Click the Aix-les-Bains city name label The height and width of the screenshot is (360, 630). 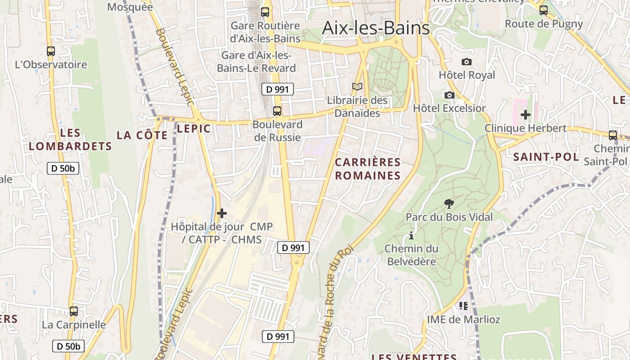[376, 28]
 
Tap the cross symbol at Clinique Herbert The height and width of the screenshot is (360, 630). [525, 115]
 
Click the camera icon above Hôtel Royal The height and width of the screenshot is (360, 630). [467, 62]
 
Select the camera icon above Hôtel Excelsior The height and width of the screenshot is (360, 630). [449, 95]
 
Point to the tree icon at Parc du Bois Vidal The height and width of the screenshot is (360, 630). [449, 204]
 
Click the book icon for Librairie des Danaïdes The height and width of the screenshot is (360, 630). [357, 86]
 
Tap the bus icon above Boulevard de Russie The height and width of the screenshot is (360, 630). [277, 111]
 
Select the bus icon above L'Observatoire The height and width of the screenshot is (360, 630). [51, 51]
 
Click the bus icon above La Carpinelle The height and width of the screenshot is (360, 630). [74, 311]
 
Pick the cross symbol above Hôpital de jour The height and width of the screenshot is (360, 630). [221, 213]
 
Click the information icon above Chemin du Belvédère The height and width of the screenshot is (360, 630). [410, 235]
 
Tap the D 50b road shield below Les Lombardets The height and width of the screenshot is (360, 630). [63, 169]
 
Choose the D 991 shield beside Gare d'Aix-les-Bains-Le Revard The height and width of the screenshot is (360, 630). [277, 89]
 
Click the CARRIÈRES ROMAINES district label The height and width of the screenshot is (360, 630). [368, 169]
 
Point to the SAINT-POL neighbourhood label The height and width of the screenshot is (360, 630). [546, 157]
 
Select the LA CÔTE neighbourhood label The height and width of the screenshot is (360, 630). [142, 135]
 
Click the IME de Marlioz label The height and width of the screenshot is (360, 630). [463, 319]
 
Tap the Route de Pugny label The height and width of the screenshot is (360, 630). [544, 24]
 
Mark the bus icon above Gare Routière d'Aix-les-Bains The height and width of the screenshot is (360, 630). [265, 12]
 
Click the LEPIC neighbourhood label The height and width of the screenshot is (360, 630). [193, 129]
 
